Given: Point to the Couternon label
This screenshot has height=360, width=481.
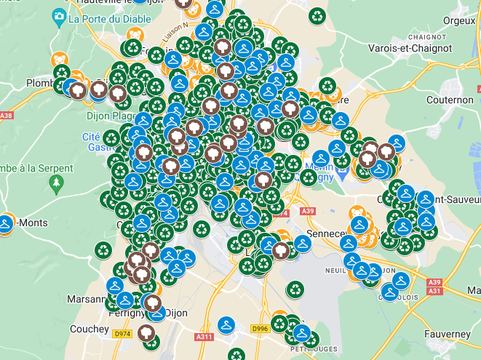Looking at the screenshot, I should pos(450,100).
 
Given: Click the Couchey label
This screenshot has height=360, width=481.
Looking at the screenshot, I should pos(90,329).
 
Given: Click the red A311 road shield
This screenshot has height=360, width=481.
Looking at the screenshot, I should pos(204,337).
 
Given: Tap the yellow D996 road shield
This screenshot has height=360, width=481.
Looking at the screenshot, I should pos(260,329).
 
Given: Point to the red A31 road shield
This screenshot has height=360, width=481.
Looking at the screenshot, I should pos(435,291).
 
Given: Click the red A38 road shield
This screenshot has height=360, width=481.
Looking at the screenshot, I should pos(6,116).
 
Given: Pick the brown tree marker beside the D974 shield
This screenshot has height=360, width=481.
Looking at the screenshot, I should pos(148,335).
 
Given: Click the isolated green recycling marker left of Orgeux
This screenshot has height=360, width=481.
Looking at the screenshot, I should pos(317,15).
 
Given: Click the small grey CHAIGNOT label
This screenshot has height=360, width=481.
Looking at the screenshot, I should pos(426,36).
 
